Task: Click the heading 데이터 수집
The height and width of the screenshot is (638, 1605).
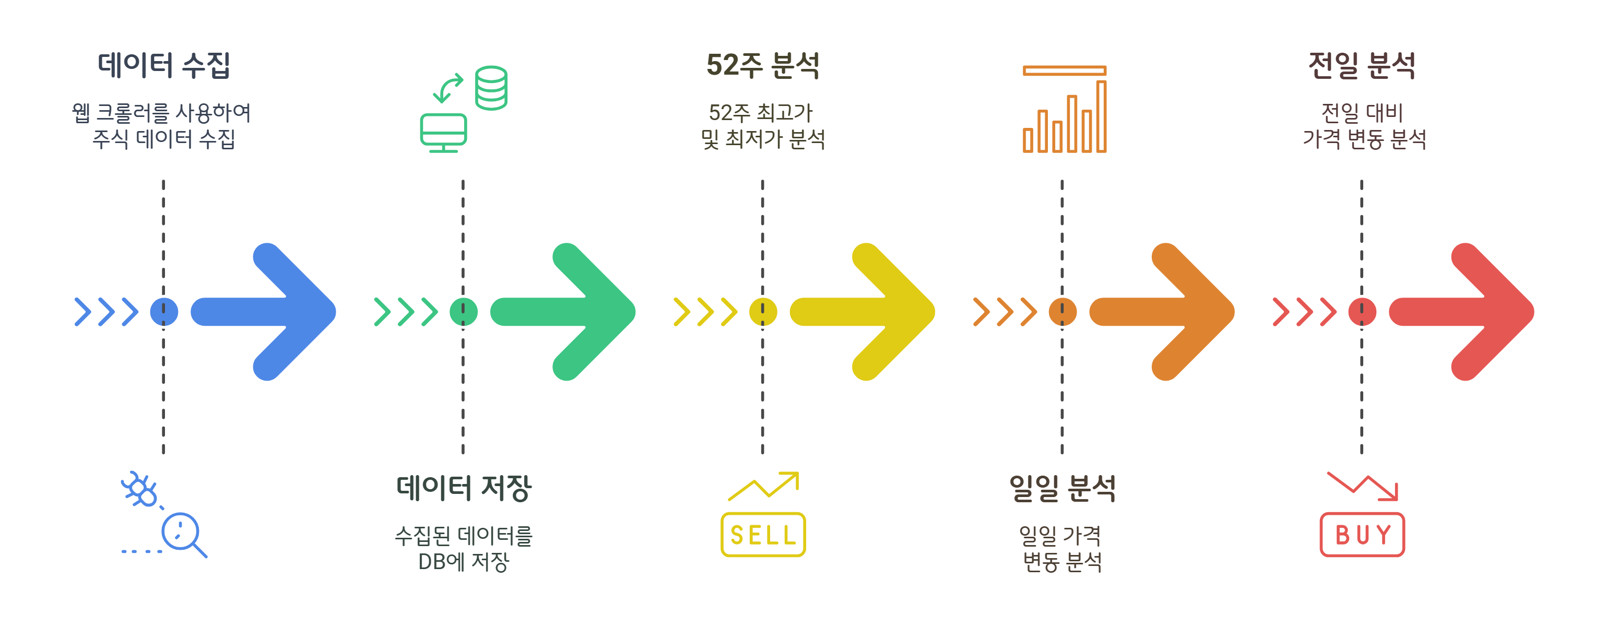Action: coord(164,65)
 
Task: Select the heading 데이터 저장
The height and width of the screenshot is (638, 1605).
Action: coord(464,488)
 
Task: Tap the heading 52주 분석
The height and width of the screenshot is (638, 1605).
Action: coord(763,65)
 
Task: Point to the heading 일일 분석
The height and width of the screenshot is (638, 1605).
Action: coord(1063,488)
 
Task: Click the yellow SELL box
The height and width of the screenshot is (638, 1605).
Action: coord(763,535)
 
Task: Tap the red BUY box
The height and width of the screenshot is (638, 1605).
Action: coord(1362,535)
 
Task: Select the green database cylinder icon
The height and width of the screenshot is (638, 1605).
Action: coord(491,88)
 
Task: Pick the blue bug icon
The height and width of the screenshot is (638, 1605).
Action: coord(140,489)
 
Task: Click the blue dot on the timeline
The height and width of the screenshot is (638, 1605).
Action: coord(164,312)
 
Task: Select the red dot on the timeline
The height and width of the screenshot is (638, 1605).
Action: coord(1362,312)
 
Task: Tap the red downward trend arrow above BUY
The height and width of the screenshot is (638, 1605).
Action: coord(1363,486)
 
